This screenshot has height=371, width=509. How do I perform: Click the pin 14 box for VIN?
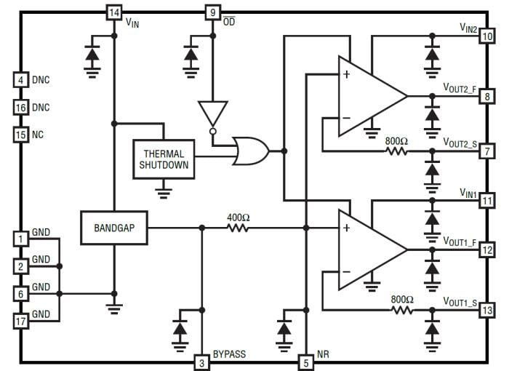[x=113, y=13]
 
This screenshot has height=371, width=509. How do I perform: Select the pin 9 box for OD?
[x=212, y=13]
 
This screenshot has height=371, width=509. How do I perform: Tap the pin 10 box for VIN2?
[x=486, y=34]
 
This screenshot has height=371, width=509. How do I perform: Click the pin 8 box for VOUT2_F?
[x=486, y=96]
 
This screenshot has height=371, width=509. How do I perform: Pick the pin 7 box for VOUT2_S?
[x=486, y=151]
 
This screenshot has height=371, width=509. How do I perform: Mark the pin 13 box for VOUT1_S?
[x=486, y=311]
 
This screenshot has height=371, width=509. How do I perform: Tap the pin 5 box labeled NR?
[x=306, y=362]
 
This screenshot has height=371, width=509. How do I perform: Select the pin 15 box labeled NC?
[x=20, y=135]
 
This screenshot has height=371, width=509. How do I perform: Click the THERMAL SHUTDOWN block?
[x=164, y=159]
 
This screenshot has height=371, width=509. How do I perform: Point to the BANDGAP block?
[x=113, y=228]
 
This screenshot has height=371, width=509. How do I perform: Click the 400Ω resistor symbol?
[x=238, y=228]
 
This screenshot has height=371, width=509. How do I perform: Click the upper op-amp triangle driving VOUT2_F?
[x=367, y=96]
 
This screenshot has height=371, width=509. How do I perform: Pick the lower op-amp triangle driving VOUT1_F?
[x=367, y=249]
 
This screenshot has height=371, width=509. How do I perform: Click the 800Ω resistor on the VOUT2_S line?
[x=397, y=151]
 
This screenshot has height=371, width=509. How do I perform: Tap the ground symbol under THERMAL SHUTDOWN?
[x=164, y=193]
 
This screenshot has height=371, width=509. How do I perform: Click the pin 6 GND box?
[x=20, y=293]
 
